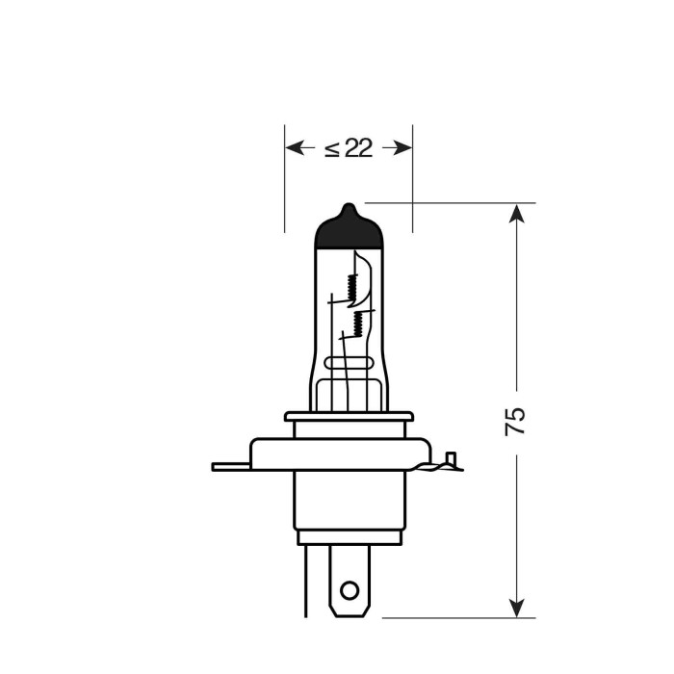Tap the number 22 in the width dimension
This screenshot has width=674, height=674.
pyautogui.click(x=358, y=148)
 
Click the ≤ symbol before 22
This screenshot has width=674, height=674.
pyautogui.click(x=331, y=148)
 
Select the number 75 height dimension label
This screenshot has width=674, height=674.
pyautogui.click(x=516, y=422)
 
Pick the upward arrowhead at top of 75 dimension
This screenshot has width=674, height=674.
pyautogui.click(x=518, y=214)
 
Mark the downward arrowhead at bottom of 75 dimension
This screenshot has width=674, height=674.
pyautogui.click(x=518, y=608)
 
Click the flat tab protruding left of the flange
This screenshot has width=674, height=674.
pyautogui.click(x=229, y=467)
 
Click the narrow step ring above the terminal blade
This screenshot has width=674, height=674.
pyautogui.click(x=349, y=537)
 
